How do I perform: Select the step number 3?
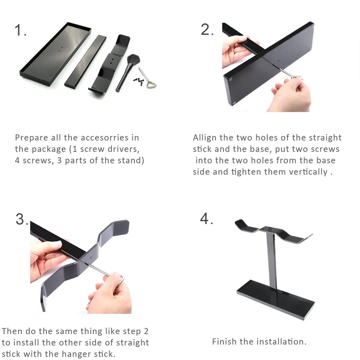point(21,219)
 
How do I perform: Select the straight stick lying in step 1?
point(85,61)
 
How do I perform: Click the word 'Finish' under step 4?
point(224,342)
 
